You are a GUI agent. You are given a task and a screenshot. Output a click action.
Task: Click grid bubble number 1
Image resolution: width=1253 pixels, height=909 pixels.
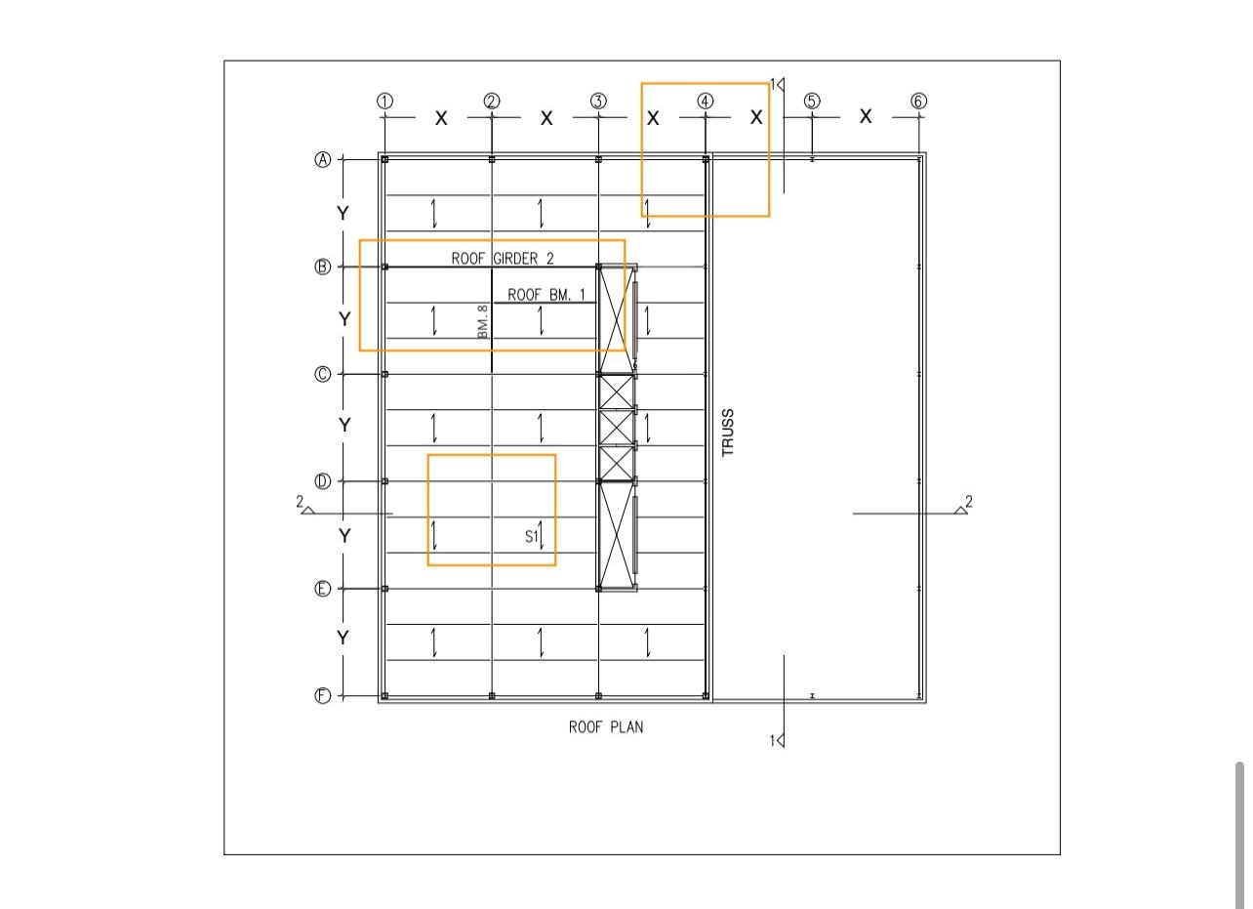(x=384, y=102)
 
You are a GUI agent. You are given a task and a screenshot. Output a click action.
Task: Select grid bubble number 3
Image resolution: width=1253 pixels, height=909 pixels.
(x=598, y=102)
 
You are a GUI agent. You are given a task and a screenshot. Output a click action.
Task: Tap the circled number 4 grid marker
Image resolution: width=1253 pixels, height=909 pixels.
(x=706, y=102)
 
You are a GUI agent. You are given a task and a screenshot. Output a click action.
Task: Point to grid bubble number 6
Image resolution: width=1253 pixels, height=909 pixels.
(x=919, y=102)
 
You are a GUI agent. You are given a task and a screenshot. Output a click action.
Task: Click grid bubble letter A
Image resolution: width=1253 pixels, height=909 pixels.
(x=323, y=159)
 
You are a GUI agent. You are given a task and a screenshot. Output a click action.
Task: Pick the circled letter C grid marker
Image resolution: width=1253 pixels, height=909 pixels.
(x=323, y=374)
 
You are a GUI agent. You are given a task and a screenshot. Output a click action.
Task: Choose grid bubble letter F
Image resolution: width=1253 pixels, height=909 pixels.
(x=323, y=696)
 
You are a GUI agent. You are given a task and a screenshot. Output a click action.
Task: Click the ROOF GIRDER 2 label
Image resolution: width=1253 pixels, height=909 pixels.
(x=503, y=259)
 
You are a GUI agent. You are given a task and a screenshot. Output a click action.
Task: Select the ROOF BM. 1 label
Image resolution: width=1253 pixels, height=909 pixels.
(x=546, y=295)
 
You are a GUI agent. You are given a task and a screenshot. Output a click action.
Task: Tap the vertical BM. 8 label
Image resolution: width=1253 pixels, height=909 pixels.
(x=483, y=321)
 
